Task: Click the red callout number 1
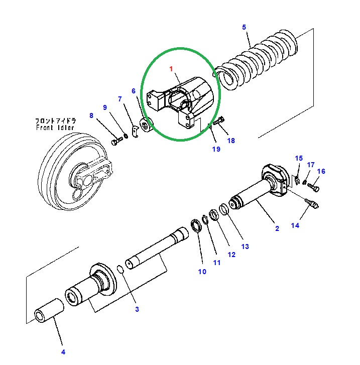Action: click(171, 68)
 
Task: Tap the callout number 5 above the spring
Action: click(244, 27)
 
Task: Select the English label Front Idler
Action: click(55, 128)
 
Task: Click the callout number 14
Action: click(295, 226)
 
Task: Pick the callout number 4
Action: click(63, 352)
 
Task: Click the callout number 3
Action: click(137, 309)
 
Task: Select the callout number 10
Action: click(202, 272)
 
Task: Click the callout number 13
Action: click(245, 247)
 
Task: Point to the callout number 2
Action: click(277, 229)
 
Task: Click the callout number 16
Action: click(321, 172)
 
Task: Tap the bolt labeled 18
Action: click(221, 120)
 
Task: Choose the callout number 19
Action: click(215, 149)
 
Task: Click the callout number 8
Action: click(91, 116)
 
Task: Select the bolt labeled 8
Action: click(115, 143)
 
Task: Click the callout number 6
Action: click(134, 91)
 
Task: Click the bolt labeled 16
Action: click(315, 188)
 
